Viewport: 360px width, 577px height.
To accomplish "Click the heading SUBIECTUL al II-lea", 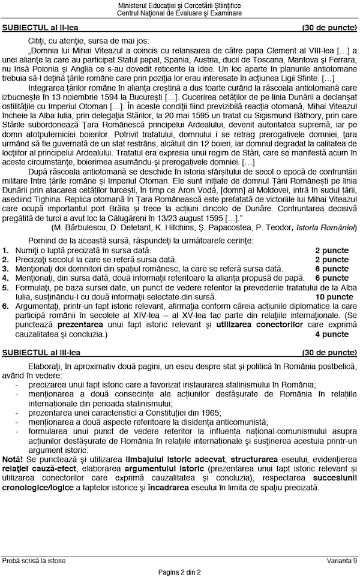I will click(x=40, y=28).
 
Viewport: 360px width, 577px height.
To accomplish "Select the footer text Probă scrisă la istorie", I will click(x=34, y=561).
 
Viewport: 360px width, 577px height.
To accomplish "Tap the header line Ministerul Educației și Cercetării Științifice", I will click(x=179, y=5).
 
